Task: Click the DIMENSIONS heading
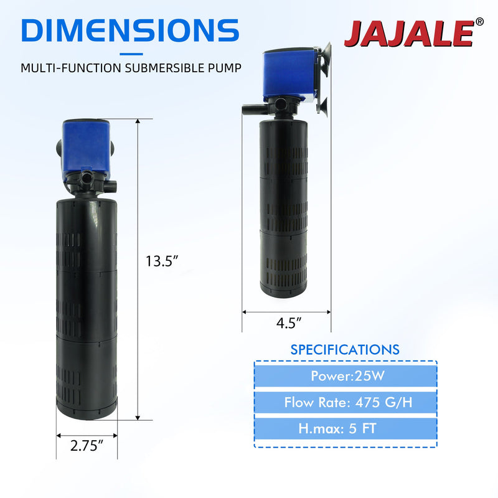(130, 31)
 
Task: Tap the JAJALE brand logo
(410, 34)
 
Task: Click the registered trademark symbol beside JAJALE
(479, 22)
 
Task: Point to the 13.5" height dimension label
(162, 261)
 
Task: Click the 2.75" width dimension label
(87, 446)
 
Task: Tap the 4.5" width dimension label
(288, 323)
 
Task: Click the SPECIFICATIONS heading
(345, 350)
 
